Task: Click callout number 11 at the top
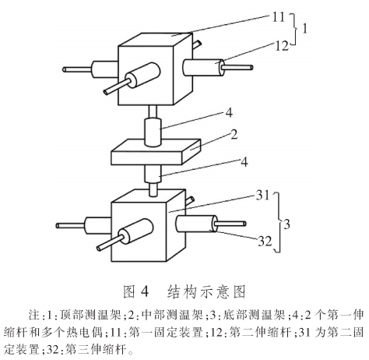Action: pos(278,17)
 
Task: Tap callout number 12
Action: pos(282,46)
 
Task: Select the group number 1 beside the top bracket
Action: pos(305,28)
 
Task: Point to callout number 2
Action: pos(234,135)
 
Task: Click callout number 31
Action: pos(263,195)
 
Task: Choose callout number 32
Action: pos(265,242)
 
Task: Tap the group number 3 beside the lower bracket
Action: pos(286,224)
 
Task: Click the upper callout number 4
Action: pos(229,113)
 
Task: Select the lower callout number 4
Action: pos(244,162)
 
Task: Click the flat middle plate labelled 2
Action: pos(156,152)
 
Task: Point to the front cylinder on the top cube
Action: pos(142,76)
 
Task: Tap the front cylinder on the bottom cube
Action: pos(135,231)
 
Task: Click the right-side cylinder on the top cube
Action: pos(204,68)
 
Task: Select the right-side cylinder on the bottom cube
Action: pos(197,224)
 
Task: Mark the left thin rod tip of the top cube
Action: pos(65,69)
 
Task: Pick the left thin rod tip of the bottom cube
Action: pos(58,226)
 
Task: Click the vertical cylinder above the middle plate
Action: pos(153,132)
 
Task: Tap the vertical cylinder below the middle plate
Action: pos(153,175)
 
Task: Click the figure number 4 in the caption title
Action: pos(145,291)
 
